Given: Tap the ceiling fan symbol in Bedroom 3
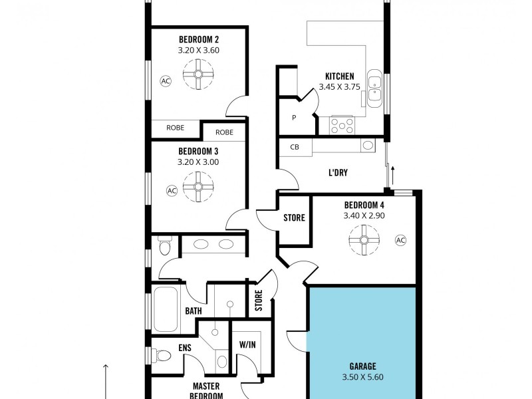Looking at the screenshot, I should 198,186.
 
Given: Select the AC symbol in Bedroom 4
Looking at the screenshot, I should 400,240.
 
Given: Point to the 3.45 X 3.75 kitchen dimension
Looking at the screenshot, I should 339,86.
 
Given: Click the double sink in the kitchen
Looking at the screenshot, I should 374,90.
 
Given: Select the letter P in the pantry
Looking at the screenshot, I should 293,118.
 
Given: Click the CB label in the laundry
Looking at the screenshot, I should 294,147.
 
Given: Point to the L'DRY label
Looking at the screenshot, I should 338,173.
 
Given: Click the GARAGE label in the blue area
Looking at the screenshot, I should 363,366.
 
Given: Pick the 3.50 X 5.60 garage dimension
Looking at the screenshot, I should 363,376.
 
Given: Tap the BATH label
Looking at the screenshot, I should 193,311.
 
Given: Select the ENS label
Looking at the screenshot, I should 185,347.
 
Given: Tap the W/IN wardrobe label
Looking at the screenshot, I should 247,345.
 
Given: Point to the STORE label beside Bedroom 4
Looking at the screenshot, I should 294,217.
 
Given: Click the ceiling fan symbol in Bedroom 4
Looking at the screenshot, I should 364,240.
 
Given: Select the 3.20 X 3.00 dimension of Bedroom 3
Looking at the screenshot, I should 198,162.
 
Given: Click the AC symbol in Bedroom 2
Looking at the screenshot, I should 165,80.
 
